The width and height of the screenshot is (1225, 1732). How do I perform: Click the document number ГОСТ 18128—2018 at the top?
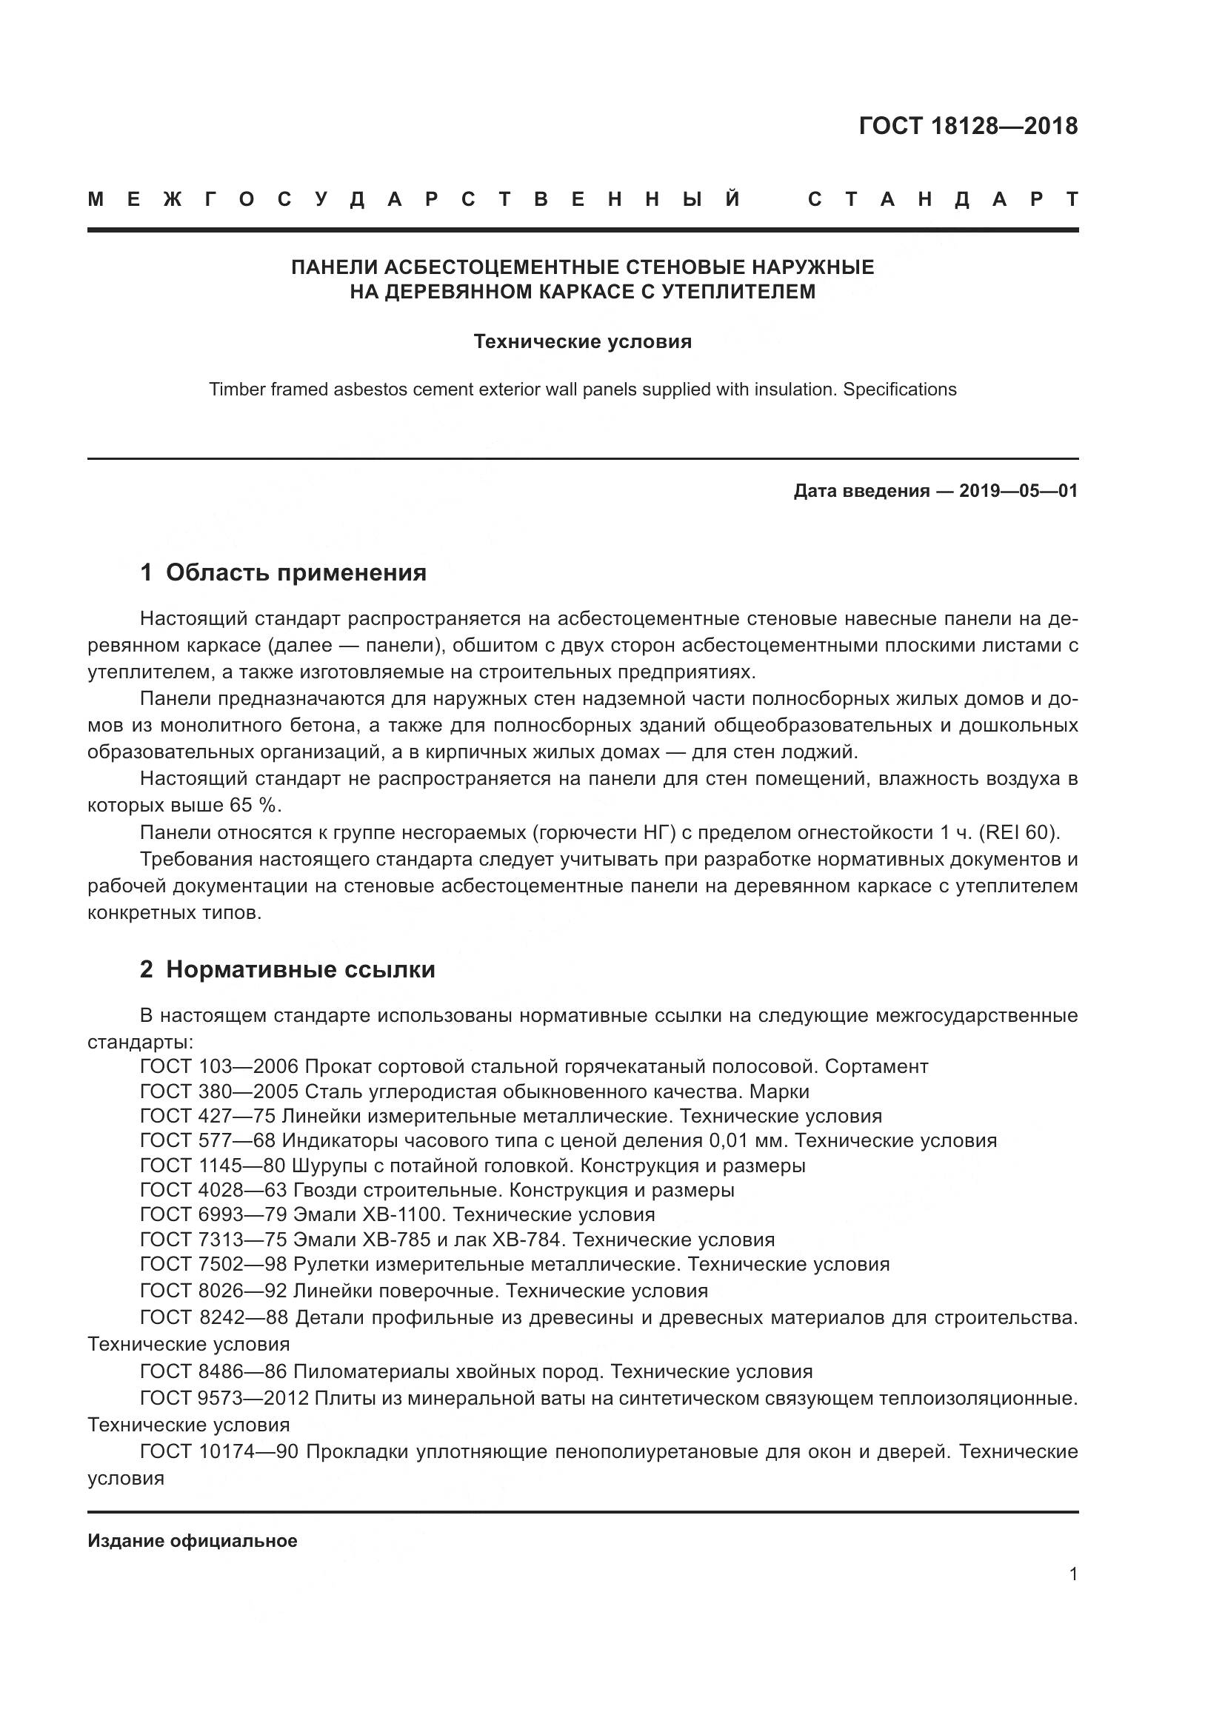tap(968, 126)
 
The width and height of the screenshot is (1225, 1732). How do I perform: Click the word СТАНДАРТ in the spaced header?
tap(942, 200)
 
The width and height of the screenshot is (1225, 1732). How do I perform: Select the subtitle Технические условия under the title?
tap(582, 341)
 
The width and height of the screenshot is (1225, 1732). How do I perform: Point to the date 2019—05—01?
tap(1018, 491)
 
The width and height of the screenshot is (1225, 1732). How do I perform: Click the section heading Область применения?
tap(296, 572)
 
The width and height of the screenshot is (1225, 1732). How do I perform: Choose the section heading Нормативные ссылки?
tap(300, 969)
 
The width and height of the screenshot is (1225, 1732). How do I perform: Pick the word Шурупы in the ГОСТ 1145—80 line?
tap(329, 1166)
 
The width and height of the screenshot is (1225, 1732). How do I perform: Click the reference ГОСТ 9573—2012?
tap(224, 1399)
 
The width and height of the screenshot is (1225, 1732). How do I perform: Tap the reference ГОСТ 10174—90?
tap(220, 1451)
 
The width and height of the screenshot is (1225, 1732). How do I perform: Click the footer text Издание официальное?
tap(193, 1541)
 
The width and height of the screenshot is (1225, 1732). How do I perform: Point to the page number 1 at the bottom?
tap(1073, 1574)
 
